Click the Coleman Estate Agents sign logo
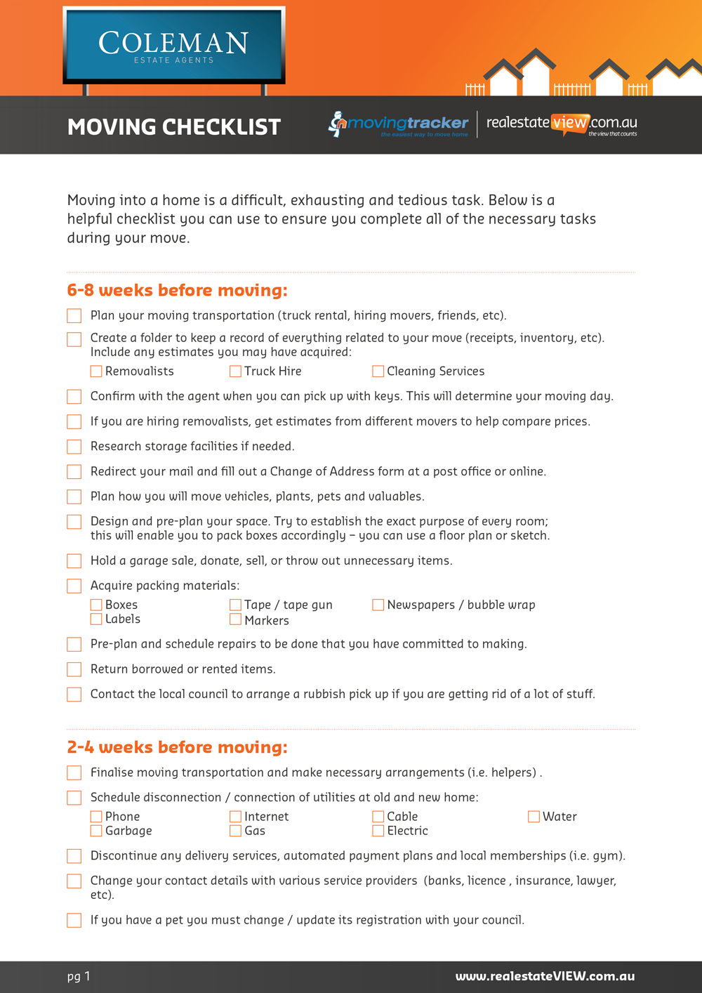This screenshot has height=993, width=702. pyautogui.click(x=173, y=46)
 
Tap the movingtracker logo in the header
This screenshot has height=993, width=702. pyautogui.click(x=399, y=124)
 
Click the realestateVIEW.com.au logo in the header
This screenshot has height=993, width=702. pyautogui.click(x=562, y=124)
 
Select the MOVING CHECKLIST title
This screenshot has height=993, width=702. pyautogui.click(x=174, y=127)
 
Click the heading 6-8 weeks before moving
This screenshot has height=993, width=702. pyautogui.click(x=177, y=290)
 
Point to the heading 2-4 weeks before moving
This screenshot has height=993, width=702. pyautogui.click(x=177, y=747)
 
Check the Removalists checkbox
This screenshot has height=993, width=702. pyautogui.click(x=96, y=371)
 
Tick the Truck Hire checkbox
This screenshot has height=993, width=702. pyautogui.click(x=236, y=371)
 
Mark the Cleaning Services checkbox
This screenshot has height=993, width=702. pyautogui.click(x=378, y=371)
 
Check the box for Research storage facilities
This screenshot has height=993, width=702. pyautogui.click(x=74, y=447)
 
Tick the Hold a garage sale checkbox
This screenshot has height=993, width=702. pyautogui.click(x=74, y=561)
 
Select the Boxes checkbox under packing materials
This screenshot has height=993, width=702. pyautogui.click(x=96, y=605)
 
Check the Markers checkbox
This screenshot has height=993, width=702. pyautogui.click(x=236, y=619)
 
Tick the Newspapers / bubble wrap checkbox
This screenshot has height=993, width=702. pyautogui.click(x=378, y=605)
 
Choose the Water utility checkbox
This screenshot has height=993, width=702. pyautogui.click(x=534, y=817)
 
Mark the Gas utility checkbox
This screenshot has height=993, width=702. pyautogui.click(x=236, y=831)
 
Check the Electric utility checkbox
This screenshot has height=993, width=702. pyautogui.click(x=378, y=831)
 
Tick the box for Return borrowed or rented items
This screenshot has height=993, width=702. pyautogui.click(x=74, y=669)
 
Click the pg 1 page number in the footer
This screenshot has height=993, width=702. pyautogui.click(x=79, y=976)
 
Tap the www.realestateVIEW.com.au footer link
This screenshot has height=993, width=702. pyautogui.click(x=545, y=976)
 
